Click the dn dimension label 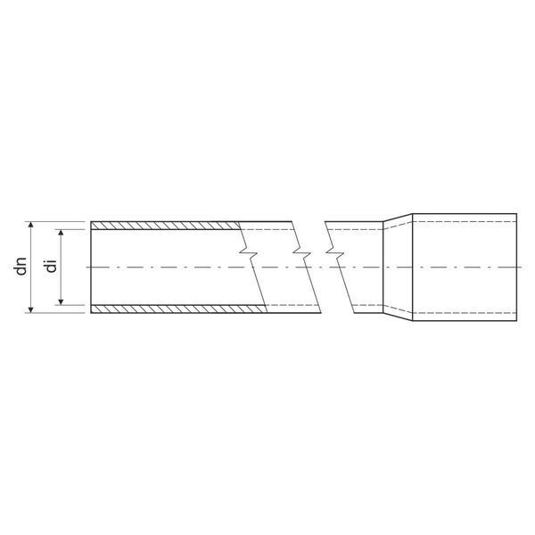point(21,267)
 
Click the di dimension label point(52,266)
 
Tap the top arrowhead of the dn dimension point(30,225)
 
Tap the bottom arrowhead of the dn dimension point(30,309)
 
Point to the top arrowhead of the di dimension point(61,233)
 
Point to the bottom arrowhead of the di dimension point(61,301)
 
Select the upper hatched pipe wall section point(166,226)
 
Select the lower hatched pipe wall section point(178,309)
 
